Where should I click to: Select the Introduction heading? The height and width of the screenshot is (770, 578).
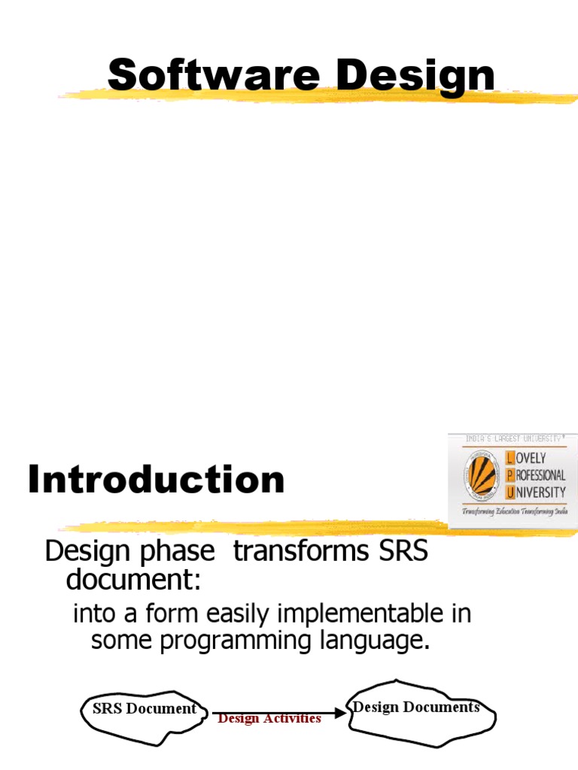pos(157,480)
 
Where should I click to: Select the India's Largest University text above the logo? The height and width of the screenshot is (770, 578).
pos(513,438)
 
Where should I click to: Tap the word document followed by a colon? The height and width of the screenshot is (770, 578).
pos(132,580)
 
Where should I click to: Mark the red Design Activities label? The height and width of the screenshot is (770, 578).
pos(269,719)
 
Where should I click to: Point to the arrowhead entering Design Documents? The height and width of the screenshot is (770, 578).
pos(342,711)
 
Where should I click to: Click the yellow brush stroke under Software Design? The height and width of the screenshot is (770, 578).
pos(316,96)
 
